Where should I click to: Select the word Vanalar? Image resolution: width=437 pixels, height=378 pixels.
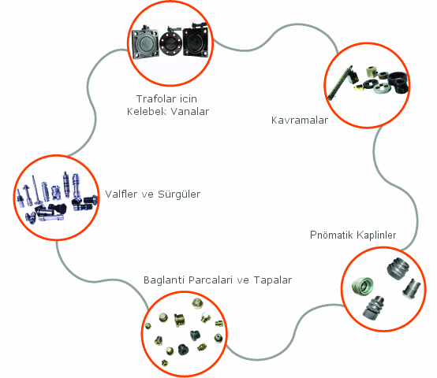point(189,112)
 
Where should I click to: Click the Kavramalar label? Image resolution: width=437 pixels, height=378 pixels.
point(300,120)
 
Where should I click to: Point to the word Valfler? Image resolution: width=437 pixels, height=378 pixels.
point(121,194)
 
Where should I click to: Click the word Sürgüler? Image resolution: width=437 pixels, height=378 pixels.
point(179,194)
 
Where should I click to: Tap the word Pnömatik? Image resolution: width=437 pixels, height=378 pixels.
point(331,235)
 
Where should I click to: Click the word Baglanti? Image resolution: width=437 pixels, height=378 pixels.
point(164,280)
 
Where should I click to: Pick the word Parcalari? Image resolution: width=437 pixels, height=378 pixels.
point(211,280)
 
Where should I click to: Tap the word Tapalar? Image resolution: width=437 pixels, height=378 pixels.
point(273,280)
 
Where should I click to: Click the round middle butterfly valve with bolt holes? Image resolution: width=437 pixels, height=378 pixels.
point(170,42)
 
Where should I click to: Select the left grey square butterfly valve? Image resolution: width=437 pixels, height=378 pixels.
point(145,43)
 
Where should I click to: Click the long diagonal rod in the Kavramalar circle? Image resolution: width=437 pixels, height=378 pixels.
point(340,83)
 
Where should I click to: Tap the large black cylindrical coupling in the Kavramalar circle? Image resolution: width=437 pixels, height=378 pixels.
point(398,83)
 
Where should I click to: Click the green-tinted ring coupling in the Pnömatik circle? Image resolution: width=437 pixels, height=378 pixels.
point(362,287)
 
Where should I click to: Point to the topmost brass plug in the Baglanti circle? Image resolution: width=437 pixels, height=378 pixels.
point(197,304)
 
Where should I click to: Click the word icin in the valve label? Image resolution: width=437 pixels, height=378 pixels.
point(188,98)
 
